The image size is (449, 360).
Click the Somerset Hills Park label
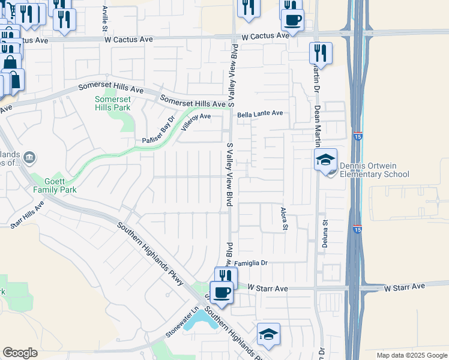(x=112, y=103)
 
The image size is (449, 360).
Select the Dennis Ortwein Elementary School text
(x=373, y=170)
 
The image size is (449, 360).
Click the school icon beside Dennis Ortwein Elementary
(x=325, y=160)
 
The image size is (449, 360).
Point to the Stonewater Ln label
(x=182, y=323)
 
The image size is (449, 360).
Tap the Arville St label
(x=104, y=18)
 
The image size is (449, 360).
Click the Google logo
(x=20, y=353)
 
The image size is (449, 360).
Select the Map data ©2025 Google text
(x=411, y=355)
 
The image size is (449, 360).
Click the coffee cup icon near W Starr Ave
(x=221, y=293)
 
